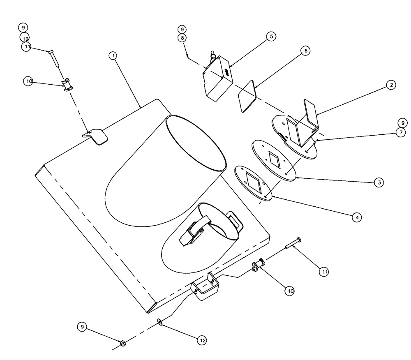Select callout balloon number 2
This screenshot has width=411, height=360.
[390, 85]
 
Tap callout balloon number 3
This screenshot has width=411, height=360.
[379, 182]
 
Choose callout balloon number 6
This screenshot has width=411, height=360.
[305, 51]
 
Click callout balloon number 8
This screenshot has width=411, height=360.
[182, 37]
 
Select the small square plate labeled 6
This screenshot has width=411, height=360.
[247, 96]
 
